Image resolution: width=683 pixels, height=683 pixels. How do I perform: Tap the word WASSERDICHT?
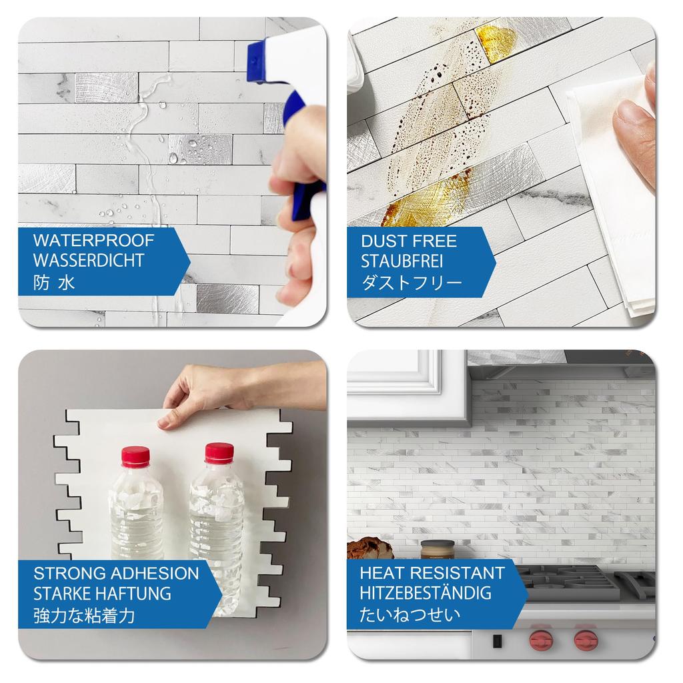coord(89,261)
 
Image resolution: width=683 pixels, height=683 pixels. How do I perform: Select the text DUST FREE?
coord(409,241)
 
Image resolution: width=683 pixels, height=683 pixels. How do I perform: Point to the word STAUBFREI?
coord(402,261)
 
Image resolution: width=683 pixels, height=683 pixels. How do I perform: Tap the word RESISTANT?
coord(461,572)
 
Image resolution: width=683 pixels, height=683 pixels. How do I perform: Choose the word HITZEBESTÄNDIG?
coord(426,592)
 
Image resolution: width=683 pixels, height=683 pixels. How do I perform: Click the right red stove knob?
coord(585,641)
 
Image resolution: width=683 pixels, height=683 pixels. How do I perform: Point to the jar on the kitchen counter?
coord(437,550)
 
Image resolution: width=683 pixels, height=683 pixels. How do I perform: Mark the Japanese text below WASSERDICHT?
coord(54,282)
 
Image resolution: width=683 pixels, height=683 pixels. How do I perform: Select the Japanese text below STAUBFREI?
coord(412,282)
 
